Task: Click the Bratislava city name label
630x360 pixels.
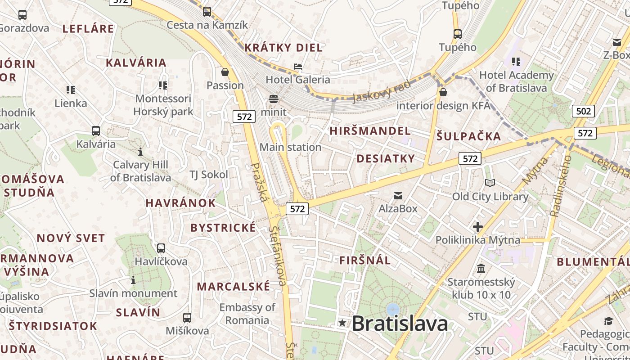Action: [x=400, y=323]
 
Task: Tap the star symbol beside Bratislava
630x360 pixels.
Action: [x=342, y=323]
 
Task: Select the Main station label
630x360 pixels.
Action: [x=290, y=147]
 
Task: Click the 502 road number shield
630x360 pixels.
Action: [x=583, y=111]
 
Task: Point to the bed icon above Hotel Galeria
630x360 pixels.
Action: [x=297, y=67]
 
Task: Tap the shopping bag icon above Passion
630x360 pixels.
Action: [x=225, y=72]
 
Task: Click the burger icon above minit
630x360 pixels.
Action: [x=274, y=99]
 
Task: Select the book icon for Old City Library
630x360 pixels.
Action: [x=490, y=183]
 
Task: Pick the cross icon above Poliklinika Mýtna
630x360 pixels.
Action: [x=477, y=227]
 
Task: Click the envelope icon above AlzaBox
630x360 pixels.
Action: [x=398, y=195]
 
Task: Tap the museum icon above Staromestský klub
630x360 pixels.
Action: [x=481, y=269]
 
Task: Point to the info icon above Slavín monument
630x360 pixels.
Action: [x=133, y=280]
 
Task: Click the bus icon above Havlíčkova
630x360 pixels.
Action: [x=161, y=248]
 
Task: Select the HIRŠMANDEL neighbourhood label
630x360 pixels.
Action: [x=370, y=131]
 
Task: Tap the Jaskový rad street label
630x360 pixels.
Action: [x=382, y=91]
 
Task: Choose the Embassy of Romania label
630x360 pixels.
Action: [x=247, y=314]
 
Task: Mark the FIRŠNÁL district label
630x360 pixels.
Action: [x=365, y=260]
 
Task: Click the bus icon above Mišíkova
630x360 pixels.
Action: [x=187, y=317]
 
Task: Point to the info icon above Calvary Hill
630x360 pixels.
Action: [x=140, y=152]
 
